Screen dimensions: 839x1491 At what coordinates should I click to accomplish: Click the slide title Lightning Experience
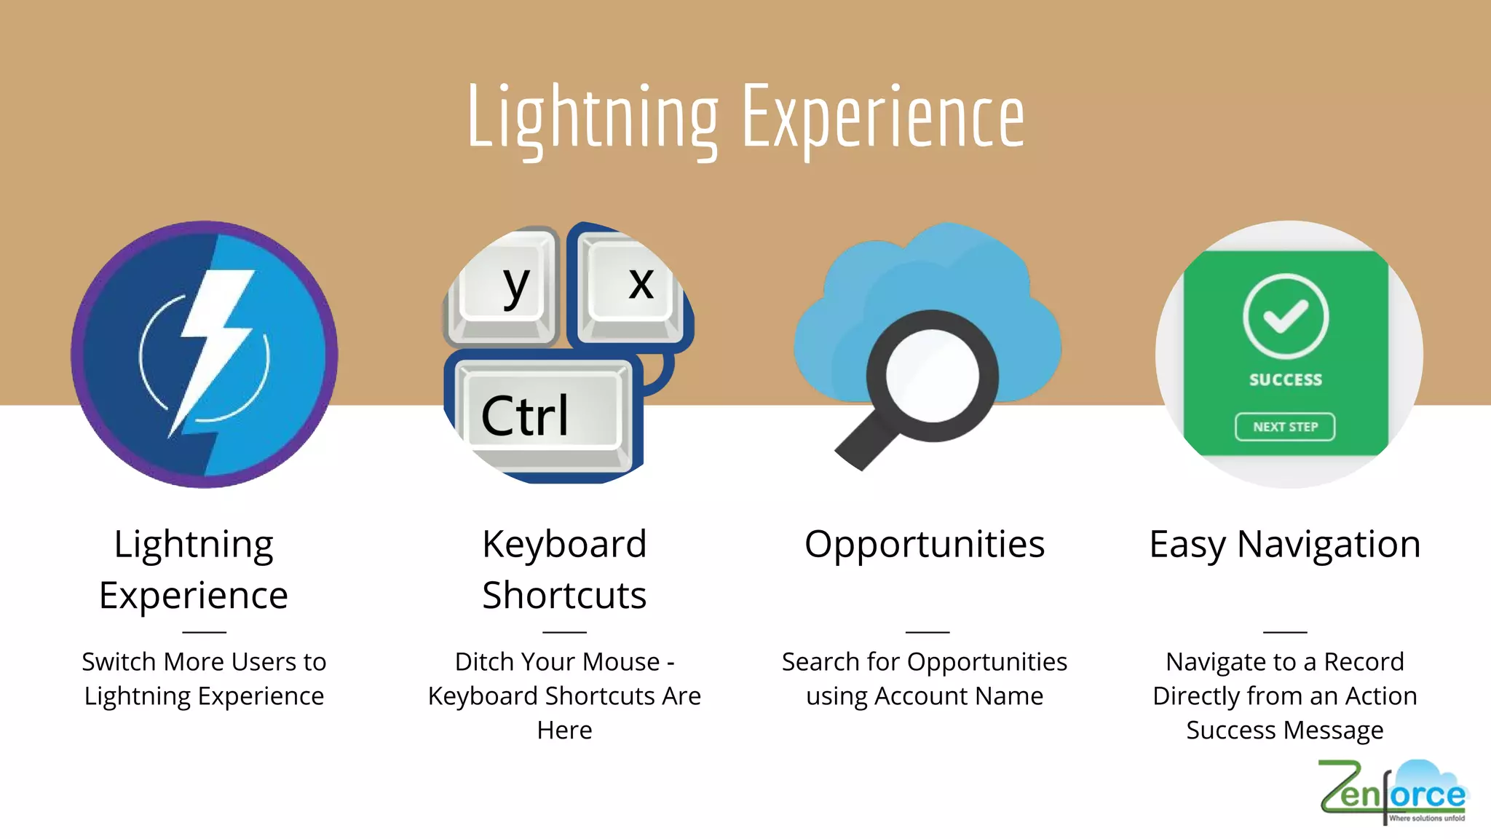point(745,117)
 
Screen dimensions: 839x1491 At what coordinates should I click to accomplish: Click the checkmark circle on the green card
point(1286,316)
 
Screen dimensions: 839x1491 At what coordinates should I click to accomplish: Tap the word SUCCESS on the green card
point(1286,379)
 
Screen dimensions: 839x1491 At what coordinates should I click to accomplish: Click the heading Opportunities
point(925,544)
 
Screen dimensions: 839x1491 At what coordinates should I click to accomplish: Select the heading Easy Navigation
point(1285,544)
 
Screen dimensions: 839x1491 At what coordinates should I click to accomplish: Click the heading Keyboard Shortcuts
point(564,570)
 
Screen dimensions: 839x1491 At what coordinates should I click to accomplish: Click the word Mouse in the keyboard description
point(621,661)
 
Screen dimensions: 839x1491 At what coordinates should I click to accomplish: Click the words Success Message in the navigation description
point(1285,730)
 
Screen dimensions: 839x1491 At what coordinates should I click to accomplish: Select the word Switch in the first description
point(119,661)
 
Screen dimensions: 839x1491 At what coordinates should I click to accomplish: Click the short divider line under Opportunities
point(927,631)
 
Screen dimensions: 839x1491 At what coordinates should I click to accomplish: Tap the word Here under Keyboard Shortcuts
point(564,730)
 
